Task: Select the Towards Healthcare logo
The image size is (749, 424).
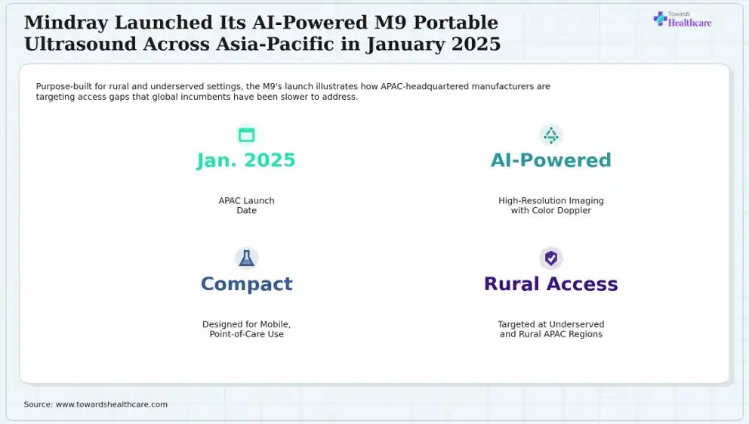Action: point(682,19)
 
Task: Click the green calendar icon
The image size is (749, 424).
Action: point(246,135)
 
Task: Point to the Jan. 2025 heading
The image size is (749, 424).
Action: point(246,160)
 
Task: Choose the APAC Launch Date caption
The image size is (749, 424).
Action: point(246,206)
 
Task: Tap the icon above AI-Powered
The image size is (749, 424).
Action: point(550,135)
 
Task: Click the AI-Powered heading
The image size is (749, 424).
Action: point(550,160)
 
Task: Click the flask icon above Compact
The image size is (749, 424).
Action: point(246,258)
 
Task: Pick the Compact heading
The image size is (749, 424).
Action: point(246,284)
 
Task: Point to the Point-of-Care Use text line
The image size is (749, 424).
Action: point(246,334)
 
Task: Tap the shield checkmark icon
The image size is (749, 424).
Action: point(550,258)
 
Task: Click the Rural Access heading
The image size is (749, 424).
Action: point(550,284)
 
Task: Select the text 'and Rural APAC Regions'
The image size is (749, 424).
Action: point(550,334)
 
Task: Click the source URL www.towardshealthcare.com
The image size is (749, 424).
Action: point(111,404)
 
